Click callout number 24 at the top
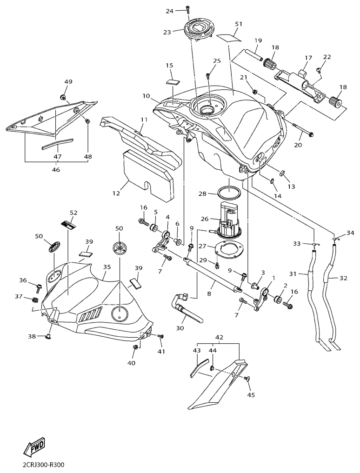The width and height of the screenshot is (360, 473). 170,11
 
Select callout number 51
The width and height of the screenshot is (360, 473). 239,24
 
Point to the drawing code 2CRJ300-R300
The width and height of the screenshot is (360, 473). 43,465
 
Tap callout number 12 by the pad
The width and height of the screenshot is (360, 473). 116,193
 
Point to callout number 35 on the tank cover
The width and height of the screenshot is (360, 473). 107,268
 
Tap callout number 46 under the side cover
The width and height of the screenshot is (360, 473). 56,170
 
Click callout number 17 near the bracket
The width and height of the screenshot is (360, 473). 308,58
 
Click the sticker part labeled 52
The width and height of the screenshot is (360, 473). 68,225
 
